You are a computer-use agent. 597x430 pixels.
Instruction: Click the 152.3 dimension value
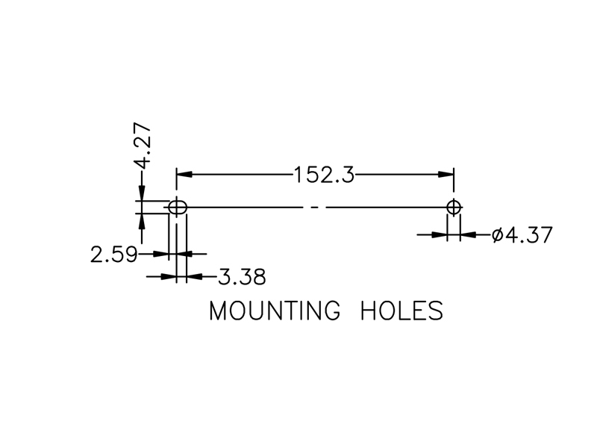pyautogui.click(x=325, y=175)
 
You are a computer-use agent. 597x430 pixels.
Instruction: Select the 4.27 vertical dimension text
pyautogui.click(x=143, y=146)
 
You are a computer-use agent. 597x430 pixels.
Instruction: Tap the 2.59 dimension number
pyautogui.click(x=113, y=255)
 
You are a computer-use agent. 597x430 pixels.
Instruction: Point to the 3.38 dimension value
pyautogui.click(x=242, y=277)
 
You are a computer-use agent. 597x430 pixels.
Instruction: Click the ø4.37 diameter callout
pyautogui.click(x=522, y=234)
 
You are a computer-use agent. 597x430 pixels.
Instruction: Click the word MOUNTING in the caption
pyautogui.click(x=274, y=311)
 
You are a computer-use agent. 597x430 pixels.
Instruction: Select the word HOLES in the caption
pyautogui.click(x=401, y=311)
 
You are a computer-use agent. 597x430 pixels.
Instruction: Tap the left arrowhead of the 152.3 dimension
pyautogui.click(x=184, y=175)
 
